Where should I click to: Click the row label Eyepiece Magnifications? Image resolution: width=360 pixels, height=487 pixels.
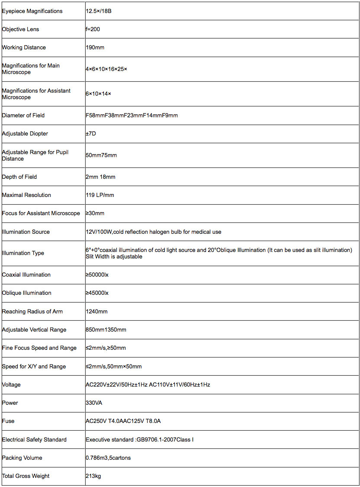pyautogui.click(x=32, y=11)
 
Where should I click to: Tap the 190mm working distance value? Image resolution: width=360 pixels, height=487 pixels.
pyautogui.click(x=95, y=47)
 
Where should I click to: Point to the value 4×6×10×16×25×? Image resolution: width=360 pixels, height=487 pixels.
pyautogui.click(x=106, y=69)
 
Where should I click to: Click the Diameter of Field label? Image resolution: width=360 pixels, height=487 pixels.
pyautogui.click(x=23, y=115)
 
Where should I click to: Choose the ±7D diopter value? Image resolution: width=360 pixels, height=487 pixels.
pyautogui.click(x=91, y=133)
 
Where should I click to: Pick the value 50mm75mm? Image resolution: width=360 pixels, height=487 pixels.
pyautogui.click(x=101, y=155)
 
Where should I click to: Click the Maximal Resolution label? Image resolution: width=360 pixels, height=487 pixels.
pyautogui.click(x=26, y=195)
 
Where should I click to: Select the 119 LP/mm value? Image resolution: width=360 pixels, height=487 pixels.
pyautogui.click(x=100, y=195)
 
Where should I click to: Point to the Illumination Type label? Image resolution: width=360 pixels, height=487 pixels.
pyautogui.click(x=23, y=253)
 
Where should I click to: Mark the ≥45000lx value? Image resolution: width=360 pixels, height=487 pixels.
pyautogui.click(x=97, y=293)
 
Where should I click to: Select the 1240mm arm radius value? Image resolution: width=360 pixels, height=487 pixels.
pyautogui.click(x=96, y=311)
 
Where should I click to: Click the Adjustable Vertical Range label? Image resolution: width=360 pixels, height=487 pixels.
pyautogui.click(x=34, y=329)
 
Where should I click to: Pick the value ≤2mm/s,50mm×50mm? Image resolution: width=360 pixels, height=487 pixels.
pyautogui.click(x=114, y=366)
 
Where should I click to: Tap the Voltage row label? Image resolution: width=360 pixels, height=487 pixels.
pyautogui.click(x=11, y=384)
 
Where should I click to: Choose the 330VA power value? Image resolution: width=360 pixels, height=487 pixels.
pyautogui.click(x=94, y=403)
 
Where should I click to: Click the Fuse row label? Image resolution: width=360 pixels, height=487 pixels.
pyautogui.click(x=8, y=421)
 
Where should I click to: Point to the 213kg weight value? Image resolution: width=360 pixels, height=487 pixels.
pyautogui.click(x=93, y=476)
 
